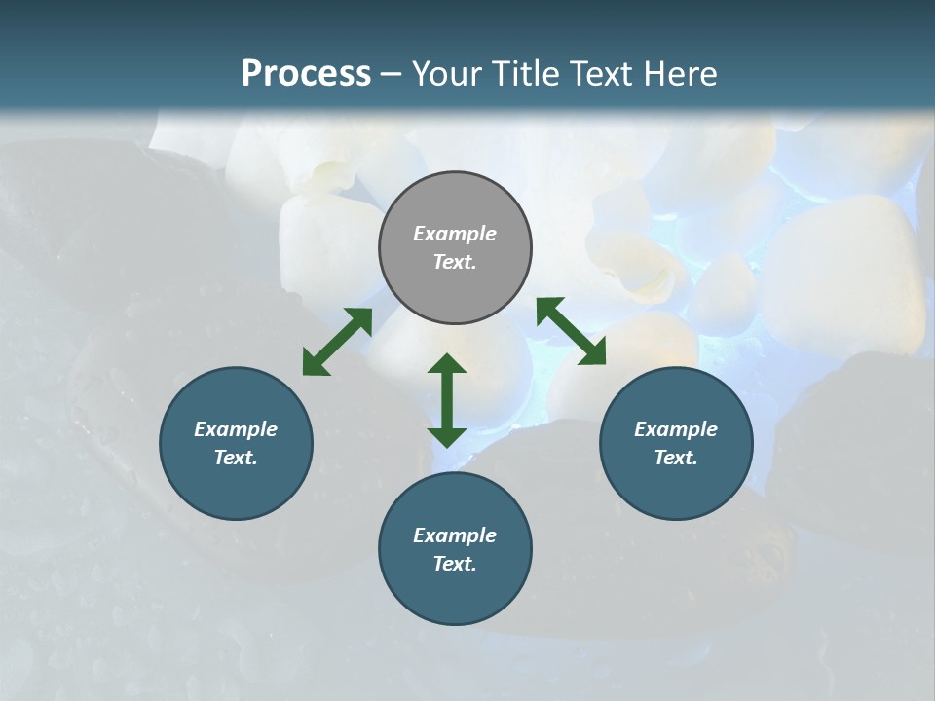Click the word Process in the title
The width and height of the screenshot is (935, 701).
click(x=306, y=74)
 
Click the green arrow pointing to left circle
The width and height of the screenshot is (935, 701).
click(x=337, y=342)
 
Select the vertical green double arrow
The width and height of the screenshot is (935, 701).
click(x=447, y=400)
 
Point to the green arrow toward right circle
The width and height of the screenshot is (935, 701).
click(x=571, y=331)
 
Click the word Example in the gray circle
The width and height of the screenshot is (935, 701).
click(x=455, y=234)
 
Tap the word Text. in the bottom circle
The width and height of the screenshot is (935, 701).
click(x=455, y=564)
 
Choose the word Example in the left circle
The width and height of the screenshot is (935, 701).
click(x=236, y=429)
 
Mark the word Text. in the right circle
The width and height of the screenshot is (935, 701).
click(x=676, y=458)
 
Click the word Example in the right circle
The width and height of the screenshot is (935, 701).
click(x=676, y=429)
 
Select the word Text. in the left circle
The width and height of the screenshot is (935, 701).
click(x=236, y=458)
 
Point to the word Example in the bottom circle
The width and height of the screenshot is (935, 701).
click(x=455, y=535)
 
